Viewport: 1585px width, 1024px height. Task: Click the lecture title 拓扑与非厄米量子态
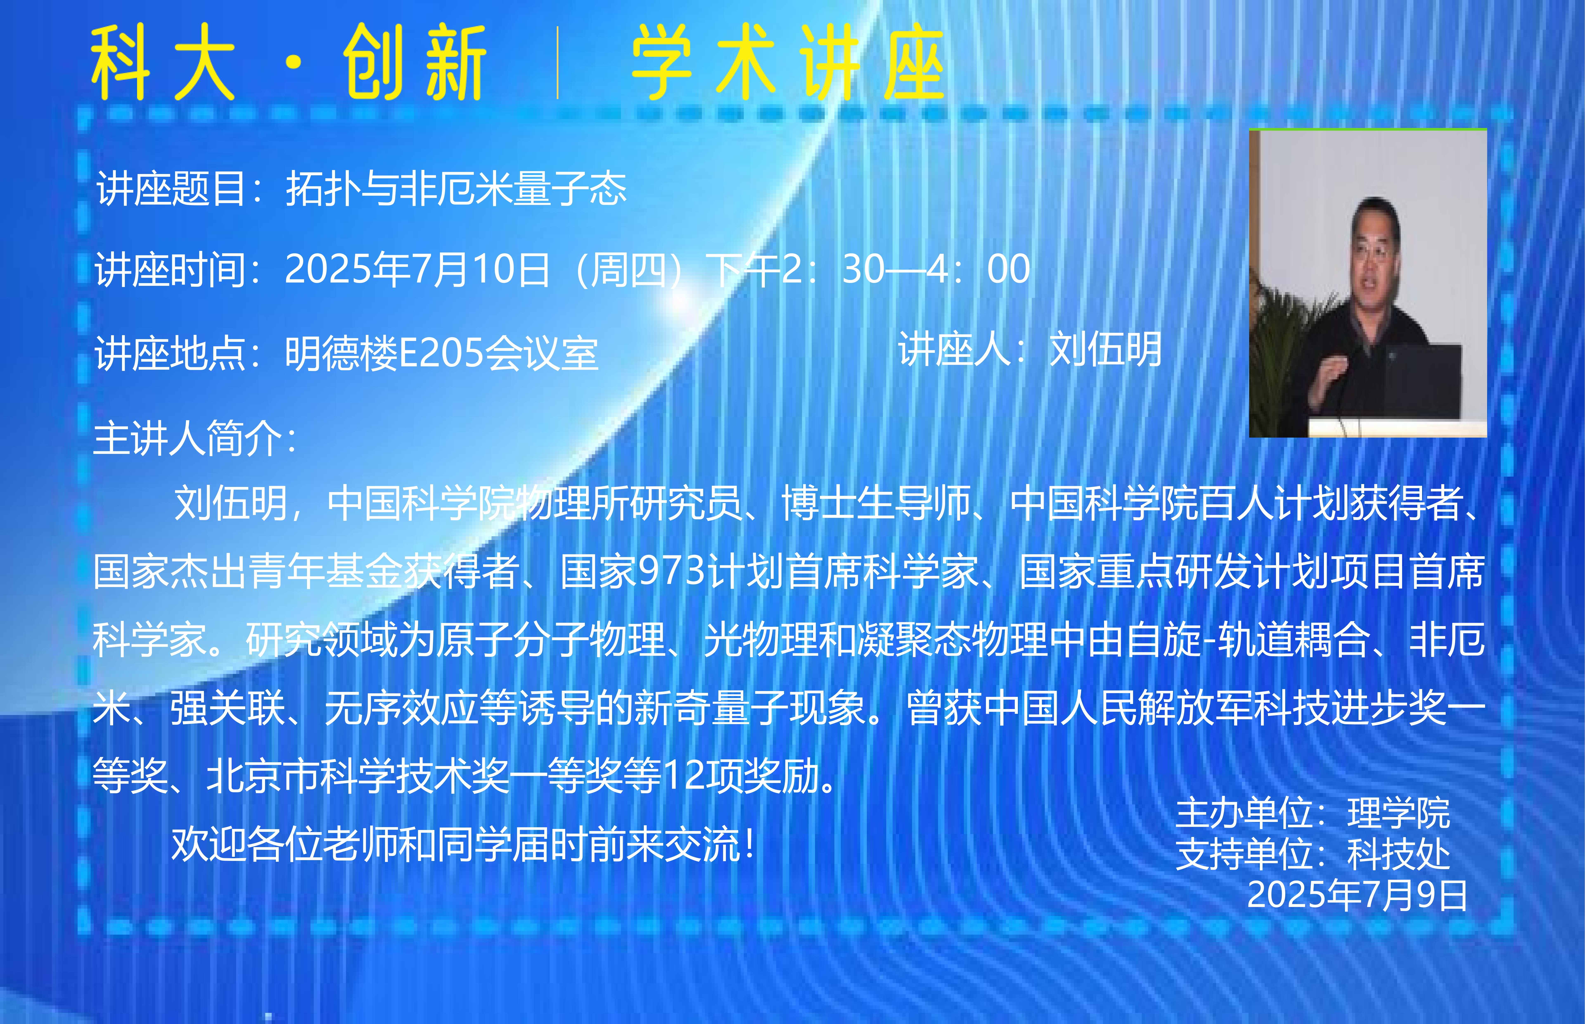pyautogui.click(x=456, y=188)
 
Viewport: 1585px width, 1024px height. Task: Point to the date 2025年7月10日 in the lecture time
pyautogui.click(x=417, y=269)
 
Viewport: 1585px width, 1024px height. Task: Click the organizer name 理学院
pyautogui.click(x=1398, y=813)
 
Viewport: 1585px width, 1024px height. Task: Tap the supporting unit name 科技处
pyautogui.click(x=1398, y=854)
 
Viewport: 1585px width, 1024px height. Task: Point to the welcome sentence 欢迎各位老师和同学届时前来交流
pyautogui.click(x=455, y=844)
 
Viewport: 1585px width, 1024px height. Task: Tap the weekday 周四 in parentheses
pyautogui.click(x=628, y=269)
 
